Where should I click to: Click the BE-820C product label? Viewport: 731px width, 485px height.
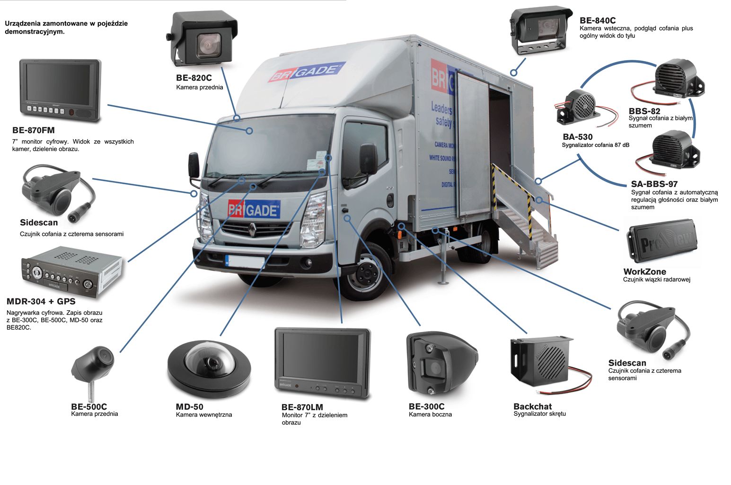tap(194, 78)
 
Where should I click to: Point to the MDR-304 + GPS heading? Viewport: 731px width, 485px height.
tap(41, 301)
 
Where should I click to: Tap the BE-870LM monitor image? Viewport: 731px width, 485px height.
tap(322, 362)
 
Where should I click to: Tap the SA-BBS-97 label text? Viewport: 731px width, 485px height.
tap(654, 184)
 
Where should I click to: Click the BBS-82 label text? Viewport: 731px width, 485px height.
tap(644, 111)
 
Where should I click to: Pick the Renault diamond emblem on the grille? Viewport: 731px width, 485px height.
tap(252, 231)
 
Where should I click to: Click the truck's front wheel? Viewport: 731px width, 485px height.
tap(366, 274)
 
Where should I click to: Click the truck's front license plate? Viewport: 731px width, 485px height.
tap(245, 260)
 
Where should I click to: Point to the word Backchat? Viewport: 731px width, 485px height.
tap(532, 406)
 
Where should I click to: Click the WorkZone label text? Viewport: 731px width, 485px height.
tap(644, 272)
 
